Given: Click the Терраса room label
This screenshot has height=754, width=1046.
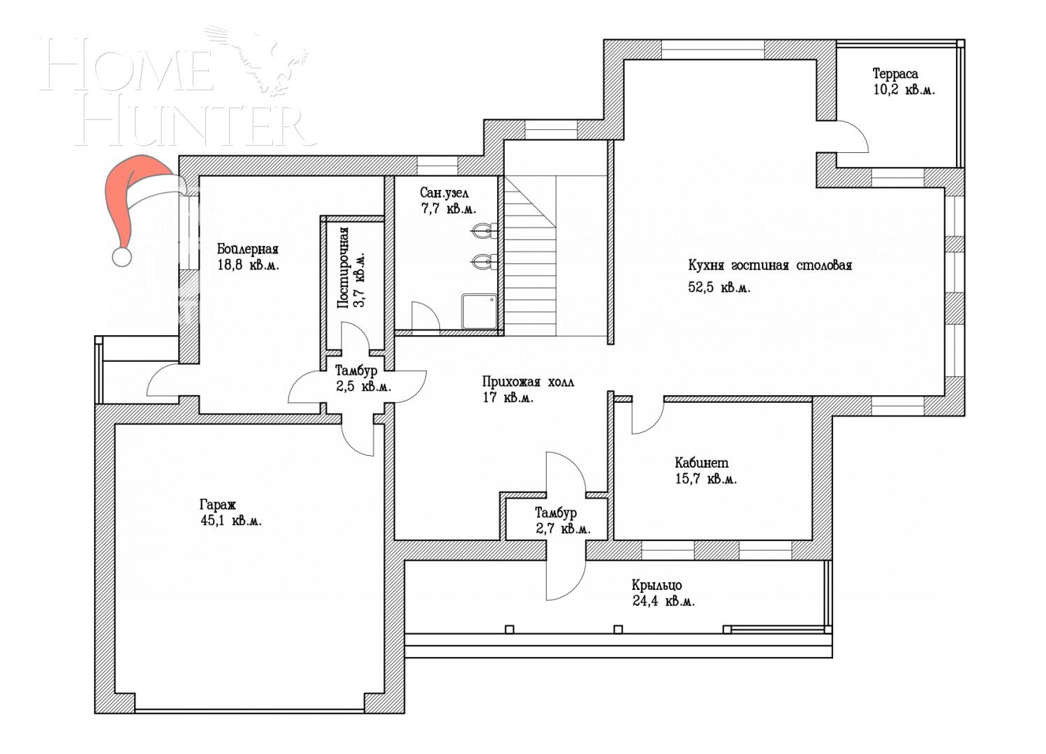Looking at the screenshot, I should coord(895,73).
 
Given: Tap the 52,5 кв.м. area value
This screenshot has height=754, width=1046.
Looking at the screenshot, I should coord(719,288).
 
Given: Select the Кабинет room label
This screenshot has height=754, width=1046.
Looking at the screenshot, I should coord(701,463).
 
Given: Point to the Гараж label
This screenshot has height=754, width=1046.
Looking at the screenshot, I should coord(218,504).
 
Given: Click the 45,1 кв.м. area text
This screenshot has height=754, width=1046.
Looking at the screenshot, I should coord(230,521).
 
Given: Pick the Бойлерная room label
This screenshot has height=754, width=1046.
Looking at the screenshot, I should coord(247,249).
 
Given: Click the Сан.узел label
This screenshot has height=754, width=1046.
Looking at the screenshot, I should coord(444,193).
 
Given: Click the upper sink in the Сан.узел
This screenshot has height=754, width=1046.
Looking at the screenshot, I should coord(483,230).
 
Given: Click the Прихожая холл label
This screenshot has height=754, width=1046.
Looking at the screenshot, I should coord(527,382).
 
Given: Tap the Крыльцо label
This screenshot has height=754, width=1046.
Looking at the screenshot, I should coord(656,585).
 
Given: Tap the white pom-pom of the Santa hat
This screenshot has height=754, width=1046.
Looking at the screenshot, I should coord(122,257).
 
